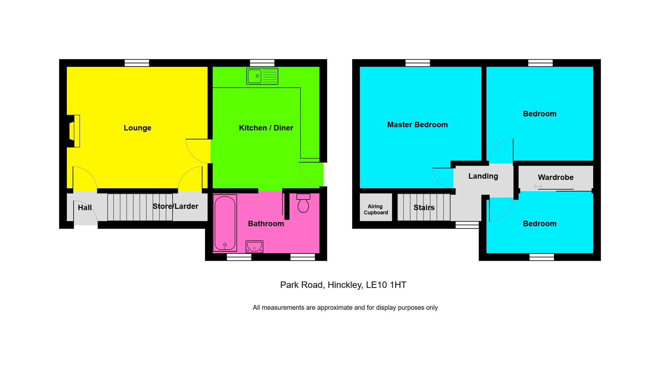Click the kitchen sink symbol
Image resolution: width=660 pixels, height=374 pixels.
point(262,76)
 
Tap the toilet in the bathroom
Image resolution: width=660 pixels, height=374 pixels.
point(303,203)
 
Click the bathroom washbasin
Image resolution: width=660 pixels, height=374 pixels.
point(254,247)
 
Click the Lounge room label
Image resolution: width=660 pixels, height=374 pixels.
point(137,128)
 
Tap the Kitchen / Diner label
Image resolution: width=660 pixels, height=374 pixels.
point(266,128)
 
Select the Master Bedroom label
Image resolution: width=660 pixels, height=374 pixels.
point(417,125)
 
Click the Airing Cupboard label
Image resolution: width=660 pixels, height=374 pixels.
point(375,210)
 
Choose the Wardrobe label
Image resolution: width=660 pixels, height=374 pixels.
point(555,177)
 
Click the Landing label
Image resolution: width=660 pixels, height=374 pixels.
point(483,176)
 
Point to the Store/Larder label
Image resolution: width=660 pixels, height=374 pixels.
point(175,206)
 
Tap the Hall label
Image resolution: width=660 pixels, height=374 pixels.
point(85,208)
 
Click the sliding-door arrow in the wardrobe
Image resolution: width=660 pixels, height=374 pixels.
point(538,187)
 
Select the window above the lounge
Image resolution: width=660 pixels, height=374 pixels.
point(137,63)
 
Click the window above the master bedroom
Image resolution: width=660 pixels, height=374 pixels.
point(418,63)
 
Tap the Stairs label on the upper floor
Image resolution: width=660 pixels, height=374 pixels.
point(424,208)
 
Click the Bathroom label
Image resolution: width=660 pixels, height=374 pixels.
point(266,224)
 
